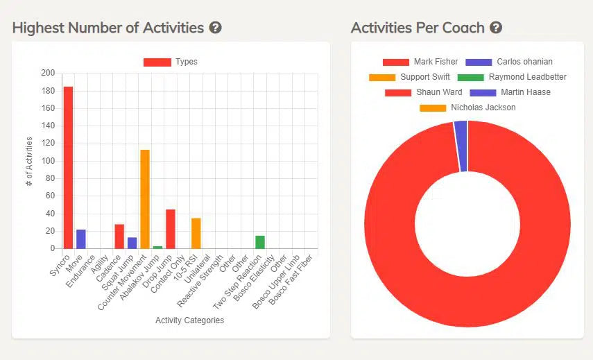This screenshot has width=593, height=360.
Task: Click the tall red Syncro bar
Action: (x=68, y=167)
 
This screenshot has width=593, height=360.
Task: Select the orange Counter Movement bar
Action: (x=145, y=199)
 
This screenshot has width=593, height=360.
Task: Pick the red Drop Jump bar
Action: (x=171, y=229)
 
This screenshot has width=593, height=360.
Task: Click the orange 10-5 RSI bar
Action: (x=196, y=233)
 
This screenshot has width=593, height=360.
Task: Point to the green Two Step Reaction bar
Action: (x=260, y=242)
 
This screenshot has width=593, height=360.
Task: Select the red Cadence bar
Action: (x=119, y=236)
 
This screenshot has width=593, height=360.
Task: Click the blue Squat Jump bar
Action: (x=132, y=243)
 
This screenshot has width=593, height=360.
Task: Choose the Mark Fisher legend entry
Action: (x=420, y=62)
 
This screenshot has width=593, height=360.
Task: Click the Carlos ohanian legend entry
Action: (x=509, y=62)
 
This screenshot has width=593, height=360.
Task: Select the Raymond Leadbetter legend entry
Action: (x=512, y=77)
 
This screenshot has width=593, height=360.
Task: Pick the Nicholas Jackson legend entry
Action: (x=467, y=108)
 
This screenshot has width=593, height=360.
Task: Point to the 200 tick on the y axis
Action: (x=48, y=73)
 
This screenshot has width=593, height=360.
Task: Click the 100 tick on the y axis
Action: (x=48, y=161)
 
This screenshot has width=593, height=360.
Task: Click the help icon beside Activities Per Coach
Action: (x=496, y=28)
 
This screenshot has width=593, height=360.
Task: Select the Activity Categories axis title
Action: (x=189, y=320)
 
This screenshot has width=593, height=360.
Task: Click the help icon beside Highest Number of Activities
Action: (x=216, y=28)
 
